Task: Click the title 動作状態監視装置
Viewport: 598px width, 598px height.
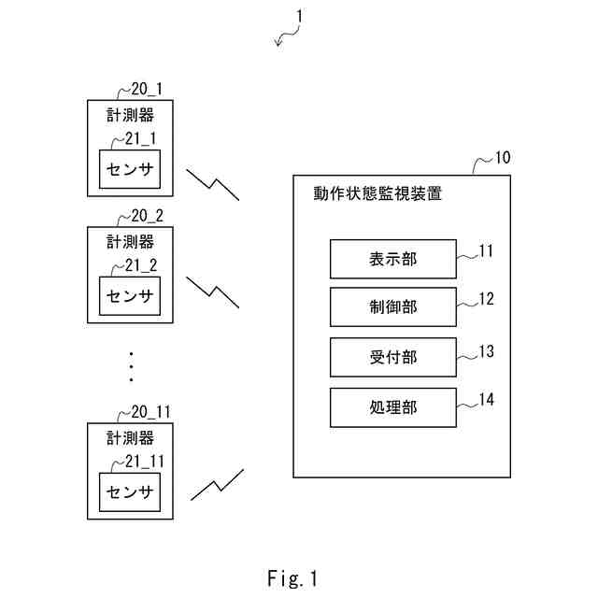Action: coord(377,193)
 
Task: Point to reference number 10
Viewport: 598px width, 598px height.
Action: coord(503,157)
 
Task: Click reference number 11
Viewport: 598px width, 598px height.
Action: coord(486,251)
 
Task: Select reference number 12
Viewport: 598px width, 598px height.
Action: coord(486,299)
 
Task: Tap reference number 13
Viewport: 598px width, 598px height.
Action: coord(486,351)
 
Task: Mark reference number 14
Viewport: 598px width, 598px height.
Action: coord(486,400)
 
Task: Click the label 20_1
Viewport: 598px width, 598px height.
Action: coord(147,90)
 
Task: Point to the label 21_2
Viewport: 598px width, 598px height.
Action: coord(141,265)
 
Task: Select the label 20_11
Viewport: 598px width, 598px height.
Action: coord(151,412)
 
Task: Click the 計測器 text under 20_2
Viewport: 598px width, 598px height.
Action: coord(130,242)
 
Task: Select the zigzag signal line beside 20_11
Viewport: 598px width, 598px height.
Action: coord(218,486)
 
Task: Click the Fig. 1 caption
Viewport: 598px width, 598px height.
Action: coord(292,578)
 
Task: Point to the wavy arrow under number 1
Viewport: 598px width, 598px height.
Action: coord(288,36)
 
